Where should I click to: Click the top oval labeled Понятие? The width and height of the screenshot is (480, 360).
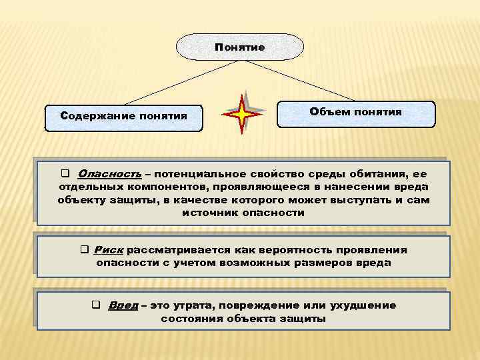click(x=240, y=47)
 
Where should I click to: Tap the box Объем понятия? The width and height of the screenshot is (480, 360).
click(x=355, y=113)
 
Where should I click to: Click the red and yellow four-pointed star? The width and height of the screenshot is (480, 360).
click(x=241, y=115)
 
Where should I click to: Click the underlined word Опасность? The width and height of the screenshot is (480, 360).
click(x=109, y=173)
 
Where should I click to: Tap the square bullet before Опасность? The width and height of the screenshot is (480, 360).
click(x=65, y=173)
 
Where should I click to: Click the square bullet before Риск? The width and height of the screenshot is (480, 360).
click(x=85, y=249)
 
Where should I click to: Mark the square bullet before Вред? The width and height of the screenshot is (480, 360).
click(x=96, y=305)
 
